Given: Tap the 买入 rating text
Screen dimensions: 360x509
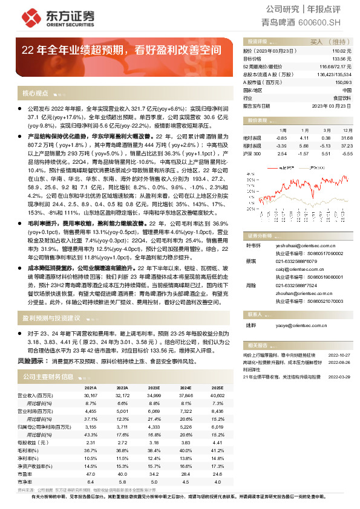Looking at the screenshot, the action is coord(318,42).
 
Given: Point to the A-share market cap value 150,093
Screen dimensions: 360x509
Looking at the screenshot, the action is coord(343,82).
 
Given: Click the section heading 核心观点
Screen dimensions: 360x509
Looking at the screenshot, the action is coord(35,94).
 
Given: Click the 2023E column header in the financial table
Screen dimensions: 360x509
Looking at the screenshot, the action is coord(154,387).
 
